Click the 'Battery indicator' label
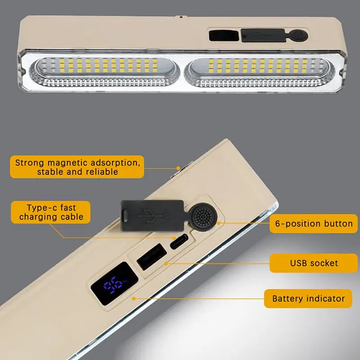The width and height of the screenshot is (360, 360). (308, 298)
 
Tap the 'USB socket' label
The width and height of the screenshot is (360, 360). (314, 263)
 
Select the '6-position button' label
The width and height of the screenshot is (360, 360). (314, 224)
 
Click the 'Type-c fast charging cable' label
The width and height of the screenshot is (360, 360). (51, 212)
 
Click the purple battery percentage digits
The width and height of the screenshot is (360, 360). (115, 285)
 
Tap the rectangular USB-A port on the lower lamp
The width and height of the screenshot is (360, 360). (152, 257)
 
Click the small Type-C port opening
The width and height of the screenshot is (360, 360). (179, 242)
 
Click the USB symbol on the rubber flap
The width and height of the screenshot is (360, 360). (153, 216)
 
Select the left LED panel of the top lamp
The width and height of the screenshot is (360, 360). (105, 72)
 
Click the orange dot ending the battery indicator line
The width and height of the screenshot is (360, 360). (134, 298)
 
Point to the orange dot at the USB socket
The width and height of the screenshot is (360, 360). (166, 263)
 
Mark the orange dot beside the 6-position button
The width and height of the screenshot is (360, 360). (219, 223)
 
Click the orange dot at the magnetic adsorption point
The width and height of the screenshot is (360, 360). (178, 168)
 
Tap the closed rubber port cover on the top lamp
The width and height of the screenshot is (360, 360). (264, 36)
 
